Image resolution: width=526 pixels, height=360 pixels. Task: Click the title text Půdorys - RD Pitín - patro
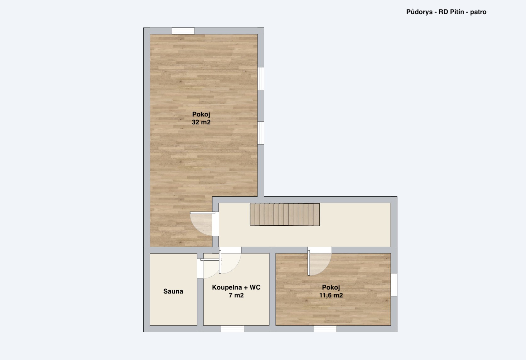click(446, 12)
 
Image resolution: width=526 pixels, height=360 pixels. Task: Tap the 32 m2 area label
click(201, 122)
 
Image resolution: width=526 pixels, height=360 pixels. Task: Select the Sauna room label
click(173, 291)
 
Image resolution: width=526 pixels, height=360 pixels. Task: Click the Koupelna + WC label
click(236, 287)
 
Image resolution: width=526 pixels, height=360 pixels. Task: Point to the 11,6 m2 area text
click(331, 295)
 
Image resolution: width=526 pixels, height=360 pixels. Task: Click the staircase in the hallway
click(285, 215)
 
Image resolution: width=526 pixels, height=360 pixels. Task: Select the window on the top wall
click(183, 31)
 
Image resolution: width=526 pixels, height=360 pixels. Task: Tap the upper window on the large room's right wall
click(261, 79)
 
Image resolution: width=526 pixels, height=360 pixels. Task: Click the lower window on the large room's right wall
click(261, 133)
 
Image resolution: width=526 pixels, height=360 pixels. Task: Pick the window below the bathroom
click(232, 329)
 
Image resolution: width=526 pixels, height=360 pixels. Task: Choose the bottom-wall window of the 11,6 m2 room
click(325, 329)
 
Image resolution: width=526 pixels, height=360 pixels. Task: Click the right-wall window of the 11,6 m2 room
click(394, 284)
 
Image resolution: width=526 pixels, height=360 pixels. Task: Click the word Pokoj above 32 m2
click(201, 115)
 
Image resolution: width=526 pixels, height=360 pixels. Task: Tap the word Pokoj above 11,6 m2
click(331, 287)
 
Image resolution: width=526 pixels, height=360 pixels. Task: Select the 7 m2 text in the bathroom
click(236, 295)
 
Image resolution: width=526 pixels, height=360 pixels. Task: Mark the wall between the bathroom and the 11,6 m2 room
click(272, 290)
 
